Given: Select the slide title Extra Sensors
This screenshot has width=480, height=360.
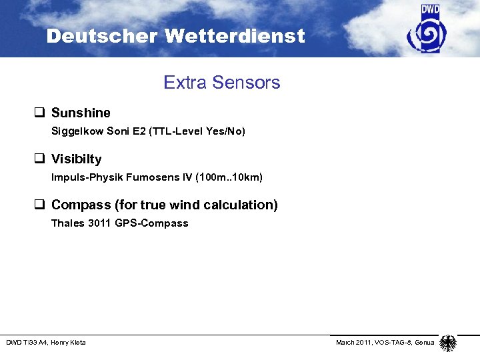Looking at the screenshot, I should (x=222, y=83).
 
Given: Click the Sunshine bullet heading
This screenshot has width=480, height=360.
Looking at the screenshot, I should (x=81, y=113).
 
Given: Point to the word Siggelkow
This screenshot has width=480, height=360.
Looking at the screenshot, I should (x=75, y=131).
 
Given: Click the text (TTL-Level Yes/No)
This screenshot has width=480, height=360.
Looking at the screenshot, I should (x=199, y=131).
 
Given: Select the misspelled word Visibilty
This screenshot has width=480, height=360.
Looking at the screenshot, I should (x=77, y=159).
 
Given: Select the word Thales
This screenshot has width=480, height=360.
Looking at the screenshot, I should (x=67, y=223).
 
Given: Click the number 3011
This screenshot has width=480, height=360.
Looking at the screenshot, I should (x=100, y=223).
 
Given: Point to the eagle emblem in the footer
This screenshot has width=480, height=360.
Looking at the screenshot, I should (x=448, y=343).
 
